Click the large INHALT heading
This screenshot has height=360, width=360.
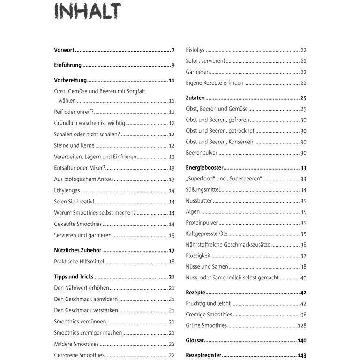click(x=87, y=11)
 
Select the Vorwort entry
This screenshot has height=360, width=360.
click(x=64, y=50)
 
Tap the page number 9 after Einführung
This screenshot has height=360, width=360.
click(x=172, y=65)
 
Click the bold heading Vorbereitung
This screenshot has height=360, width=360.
click(x=70, y=81)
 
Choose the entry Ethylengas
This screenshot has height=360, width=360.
click(x=67, y=190)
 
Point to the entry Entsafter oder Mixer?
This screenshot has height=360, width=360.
click(x=79, y=168)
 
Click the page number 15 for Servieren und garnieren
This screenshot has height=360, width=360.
click(x=172, y=235)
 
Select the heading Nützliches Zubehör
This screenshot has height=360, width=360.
click(x=78, y=251)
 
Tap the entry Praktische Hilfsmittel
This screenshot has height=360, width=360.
click(x=79, y=262)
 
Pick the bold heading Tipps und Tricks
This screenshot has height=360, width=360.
click(x=74, y=277)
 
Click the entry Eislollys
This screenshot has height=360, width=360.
click(x=195, y=50)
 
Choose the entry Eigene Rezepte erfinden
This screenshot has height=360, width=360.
click(x=214, y=83)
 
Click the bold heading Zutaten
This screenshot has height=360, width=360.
click(x=195, y=98)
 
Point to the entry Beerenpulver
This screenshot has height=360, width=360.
click(x=202, y=153)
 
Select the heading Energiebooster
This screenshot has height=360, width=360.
click(x=204, y=168)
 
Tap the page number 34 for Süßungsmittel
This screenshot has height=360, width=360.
click(x=303, y=190)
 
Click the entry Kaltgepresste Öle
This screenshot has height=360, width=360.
click(x=206, y=234)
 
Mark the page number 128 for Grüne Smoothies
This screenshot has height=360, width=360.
click(x=301, y=325)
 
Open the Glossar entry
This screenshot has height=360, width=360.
click(x=195, y=341)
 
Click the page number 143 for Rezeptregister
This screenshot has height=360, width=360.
click(x=301, y=356)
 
